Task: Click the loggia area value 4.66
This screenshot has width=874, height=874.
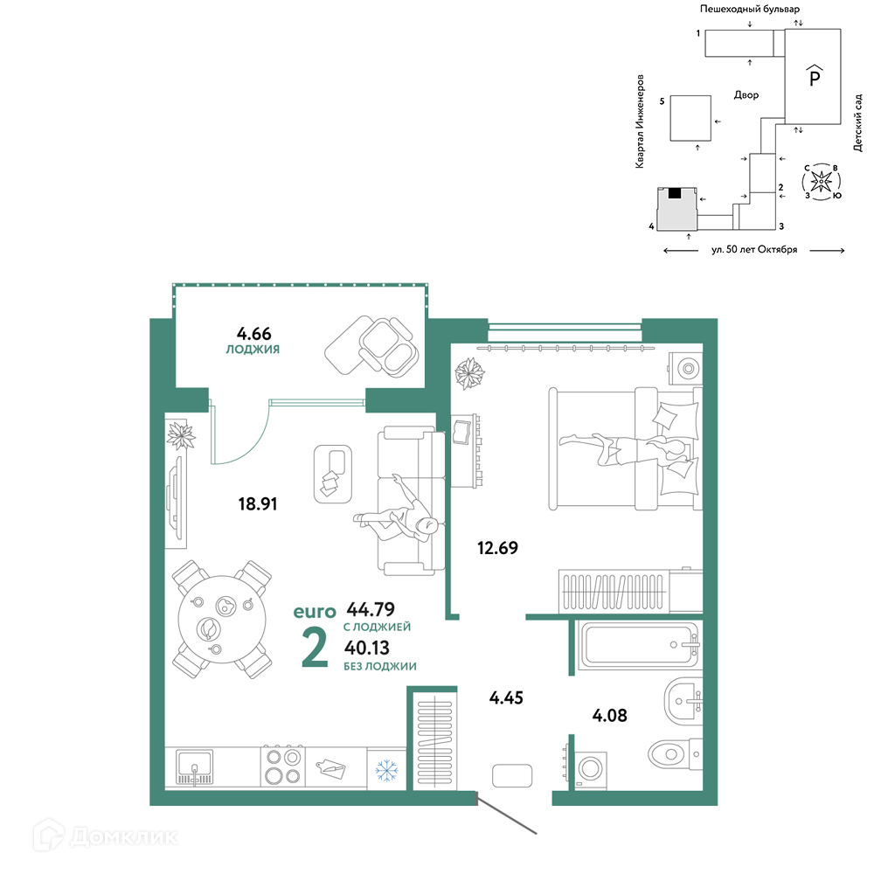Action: [253, 333]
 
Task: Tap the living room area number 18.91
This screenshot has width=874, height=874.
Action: [258, 504]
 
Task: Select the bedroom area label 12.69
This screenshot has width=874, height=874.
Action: [497, 548]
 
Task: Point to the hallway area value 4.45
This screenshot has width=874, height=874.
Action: [506, 697]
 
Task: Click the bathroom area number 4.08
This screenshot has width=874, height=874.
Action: [609, 715]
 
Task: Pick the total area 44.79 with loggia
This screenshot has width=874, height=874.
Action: [371, 608]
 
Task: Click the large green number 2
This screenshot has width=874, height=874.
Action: [315, 647]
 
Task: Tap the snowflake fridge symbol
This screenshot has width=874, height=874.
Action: [386, 770]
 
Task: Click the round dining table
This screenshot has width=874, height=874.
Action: [222, 620]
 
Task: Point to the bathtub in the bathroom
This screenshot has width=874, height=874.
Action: [639, 645]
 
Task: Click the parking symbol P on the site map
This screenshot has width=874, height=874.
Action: [815, 76]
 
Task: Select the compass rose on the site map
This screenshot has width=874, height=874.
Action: [821, 182]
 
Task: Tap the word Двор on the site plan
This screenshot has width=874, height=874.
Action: [746, 95]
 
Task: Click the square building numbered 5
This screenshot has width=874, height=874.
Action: [690, 118]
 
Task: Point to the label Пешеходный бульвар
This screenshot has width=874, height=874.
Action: [750, 9]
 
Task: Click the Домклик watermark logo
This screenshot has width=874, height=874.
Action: [106, 836]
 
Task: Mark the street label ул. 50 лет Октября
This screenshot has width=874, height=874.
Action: [754, 250]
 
